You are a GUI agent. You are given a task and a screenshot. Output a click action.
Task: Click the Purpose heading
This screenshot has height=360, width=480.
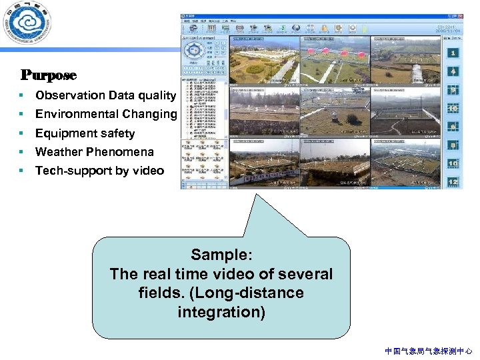49,75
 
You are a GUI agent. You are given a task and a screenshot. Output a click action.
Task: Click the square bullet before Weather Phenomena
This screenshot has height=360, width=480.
22,151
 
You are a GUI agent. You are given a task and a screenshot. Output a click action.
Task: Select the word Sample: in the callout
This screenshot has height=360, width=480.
221,255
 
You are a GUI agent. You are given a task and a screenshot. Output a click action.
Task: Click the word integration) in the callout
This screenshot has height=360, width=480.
221,312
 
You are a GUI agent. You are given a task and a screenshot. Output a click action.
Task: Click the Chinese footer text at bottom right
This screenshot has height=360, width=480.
429,351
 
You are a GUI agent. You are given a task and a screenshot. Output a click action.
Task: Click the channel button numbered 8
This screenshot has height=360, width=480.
453,145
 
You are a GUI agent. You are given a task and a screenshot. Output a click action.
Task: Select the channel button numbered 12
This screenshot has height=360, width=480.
453,182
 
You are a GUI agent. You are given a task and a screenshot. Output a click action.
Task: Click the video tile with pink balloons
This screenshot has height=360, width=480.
335,60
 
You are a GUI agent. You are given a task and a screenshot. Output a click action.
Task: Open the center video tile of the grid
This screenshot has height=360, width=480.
335,111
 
